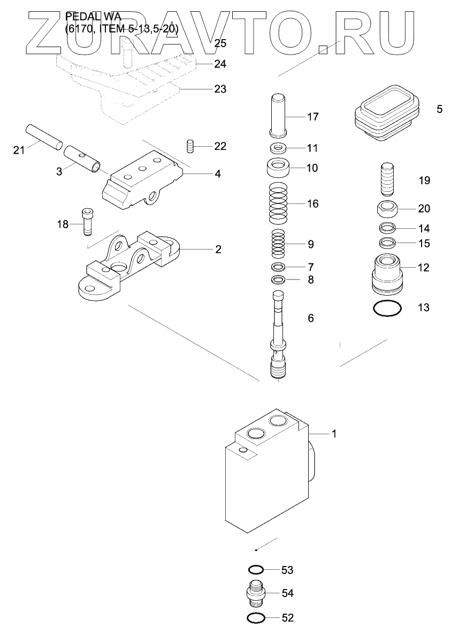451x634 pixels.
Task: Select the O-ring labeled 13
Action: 387,308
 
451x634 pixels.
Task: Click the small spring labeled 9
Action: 278,244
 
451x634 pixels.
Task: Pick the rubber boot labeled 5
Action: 387,112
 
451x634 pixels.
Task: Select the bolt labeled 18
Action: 88,221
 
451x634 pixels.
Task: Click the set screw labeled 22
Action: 189,146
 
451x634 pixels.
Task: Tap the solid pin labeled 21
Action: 44,137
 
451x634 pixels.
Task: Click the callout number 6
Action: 310,318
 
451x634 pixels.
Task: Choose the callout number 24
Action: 220,64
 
